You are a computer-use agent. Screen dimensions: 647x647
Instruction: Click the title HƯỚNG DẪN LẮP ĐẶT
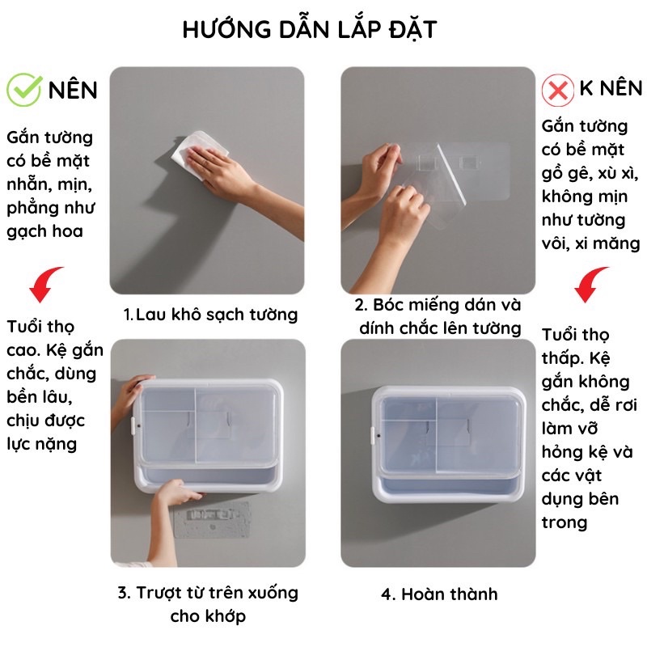coord(310,29)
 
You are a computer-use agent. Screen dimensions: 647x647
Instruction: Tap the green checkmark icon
coord(23,88)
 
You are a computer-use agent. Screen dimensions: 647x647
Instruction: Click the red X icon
coord(558,90)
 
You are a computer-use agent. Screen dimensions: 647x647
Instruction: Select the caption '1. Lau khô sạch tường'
coord(210,314)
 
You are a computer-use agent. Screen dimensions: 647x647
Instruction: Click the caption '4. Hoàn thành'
coord(439,594)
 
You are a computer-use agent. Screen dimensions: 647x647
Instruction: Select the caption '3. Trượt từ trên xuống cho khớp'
coord(208,604)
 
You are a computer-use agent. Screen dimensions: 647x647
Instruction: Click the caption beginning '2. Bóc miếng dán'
coord(438,316)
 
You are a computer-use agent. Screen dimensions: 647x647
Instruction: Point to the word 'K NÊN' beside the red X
coord(611,88)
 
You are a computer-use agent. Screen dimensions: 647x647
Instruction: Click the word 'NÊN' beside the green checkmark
coord(73,89)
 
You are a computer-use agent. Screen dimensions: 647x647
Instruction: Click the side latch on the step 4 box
coord(373,435)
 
